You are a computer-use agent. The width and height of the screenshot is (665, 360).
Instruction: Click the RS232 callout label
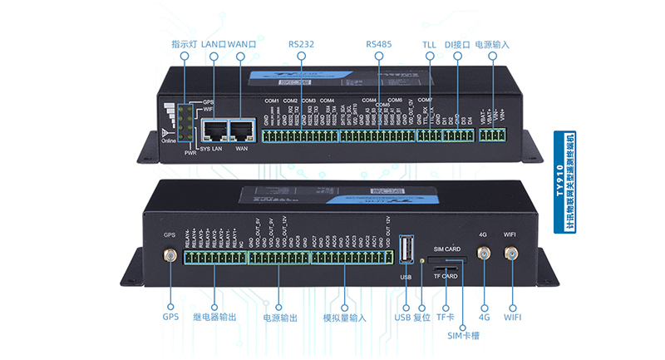(302, 43)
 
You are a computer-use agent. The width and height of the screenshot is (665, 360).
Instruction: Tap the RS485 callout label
(378, 43)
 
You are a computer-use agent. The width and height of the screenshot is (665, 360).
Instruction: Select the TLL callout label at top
(430, 43)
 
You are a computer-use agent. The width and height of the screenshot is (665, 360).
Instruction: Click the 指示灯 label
(184, 43)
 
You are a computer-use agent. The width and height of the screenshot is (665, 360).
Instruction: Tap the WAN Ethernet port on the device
(241, 130)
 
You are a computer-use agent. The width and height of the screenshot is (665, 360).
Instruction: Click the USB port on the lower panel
(406, 251)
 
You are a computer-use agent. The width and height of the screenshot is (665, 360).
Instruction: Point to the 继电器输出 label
(214, 318)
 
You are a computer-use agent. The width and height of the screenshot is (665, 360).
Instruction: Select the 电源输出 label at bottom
(280, 318)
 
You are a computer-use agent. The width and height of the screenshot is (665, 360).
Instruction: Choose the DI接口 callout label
(457, 43)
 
